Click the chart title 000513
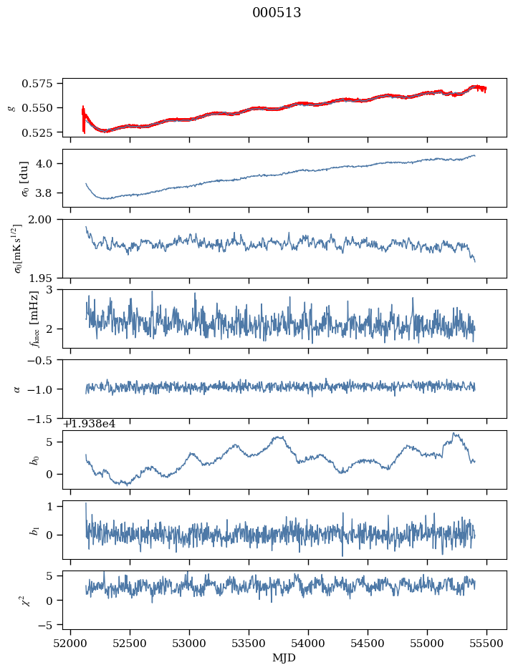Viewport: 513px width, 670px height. pos(277,13)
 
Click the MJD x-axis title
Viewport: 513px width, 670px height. pos(285,657)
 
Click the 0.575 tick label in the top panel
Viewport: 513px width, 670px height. pos(42,84)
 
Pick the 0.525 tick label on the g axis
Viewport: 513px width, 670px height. pos(42,133)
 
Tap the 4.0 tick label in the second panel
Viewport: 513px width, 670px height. pos(49,164)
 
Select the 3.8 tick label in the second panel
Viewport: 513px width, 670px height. pos(49,193)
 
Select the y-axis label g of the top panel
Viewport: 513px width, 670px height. pos(11,107)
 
